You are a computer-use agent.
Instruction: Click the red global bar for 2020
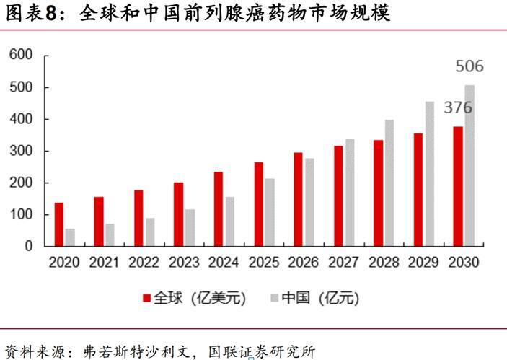59,224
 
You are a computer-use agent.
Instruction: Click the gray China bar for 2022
150,232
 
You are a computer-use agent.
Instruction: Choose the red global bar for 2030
458,186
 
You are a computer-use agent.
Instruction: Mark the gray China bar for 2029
430,174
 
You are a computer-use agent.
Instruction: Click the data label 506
469,67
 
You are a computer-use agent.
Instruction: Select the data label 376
458,107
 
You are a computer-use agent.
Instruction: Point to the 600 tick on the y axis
22,56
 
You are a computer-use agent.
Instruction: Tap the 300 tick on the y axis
22,151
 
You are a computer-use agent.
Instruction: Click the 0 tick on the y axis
29,246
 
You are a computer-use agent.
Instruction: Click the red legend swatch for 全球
146,297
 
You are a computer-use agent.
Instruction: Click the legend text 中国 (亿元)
318,297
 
